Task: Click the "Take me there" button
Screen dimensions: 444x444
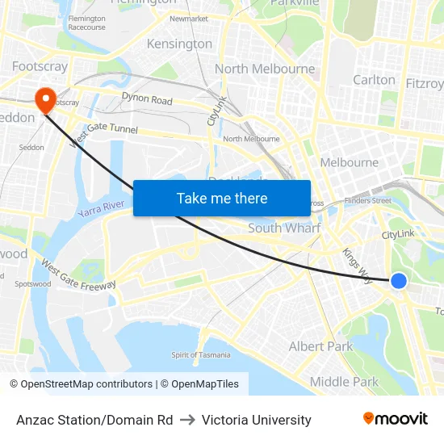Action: click(222, 198)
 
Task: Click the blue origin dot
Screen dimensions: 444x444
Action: click(399, 281)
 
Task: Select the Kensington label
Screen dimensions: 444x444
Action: click(179, 44)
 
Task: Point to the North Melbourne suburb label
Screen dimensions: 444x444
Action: click(265, 69)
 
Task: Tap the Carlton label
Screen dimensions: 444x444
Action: click(375, 80)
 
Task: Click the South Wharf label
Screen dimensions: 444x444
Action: click(284, 228)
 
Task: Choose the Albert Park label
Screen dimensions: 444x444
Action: click(321, 346)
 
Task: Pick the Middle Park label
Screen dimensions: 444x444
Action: click(344, 382)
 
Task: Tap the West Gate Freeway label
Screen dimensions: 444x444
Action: click(78, 275)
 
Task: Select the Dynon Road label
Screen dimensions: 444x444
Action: click(147, 100)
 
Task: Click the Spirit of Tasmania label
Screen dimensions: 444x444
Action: click(200, 354)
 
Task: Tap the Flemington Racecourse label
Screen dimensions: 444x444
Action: click(86, 23)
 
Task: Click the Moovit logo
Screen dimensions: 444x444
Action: click(396, 419)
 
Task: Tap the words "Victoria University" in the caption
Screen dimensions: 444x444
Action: click(257, 420)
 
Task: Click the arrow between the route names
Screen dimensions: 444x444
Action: click(187, 420)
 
